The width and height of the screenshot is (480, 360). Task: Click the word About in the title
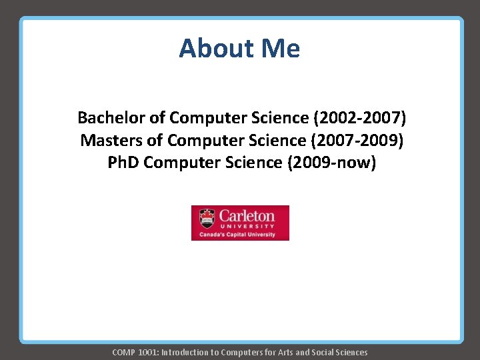point(211,49)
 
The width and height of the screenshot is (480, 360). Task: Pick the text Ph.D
point(124,163)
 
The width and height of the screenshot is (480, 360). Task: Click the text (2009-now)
point(331,163)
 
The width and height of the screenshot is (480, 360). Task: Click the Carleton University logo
point(240,223)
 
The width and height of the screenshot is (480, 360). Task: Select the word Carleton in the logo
point(247,215)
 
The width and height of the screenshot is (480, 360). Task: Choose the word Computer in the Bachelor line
point(206,118)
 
